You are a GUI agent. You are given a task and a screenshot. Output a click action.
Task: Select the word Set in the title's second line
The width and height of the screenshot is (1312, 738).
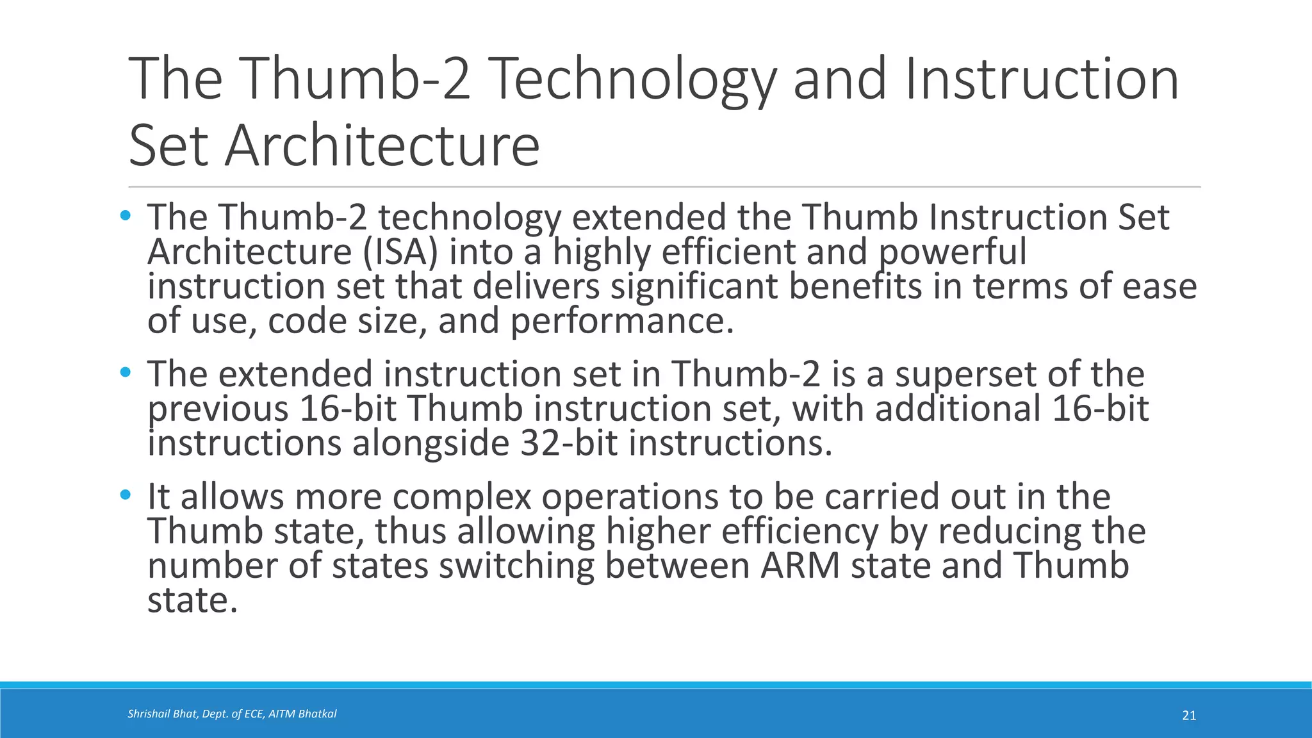click(x=168, y=146)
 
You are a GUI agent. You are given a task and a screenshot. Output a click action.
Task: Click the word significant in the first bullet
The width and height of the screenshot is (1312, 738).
click(x=694, y=286)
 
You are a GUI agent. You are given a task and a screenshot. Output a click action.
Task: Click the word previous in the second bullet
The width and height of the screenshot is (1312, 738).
click(x=218, y=410)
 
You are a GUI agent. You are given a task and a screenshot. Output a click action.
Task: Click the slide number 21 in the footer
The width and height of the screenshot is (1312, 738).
click(x=1189, y=716)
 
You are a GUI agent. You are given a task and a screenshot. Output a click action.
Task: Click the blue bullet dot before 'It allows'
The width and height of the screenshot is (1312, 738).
click(x=126, y=495)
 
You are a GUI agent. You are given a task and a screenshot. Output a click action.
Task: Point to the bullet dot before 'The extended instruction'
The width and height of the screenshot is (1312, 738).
click(x=126, y=372)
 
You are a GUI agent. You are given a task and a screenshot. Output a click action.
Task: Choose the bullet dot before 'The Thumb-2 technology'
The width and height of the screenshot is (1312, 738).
click(x=126, y=215)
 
